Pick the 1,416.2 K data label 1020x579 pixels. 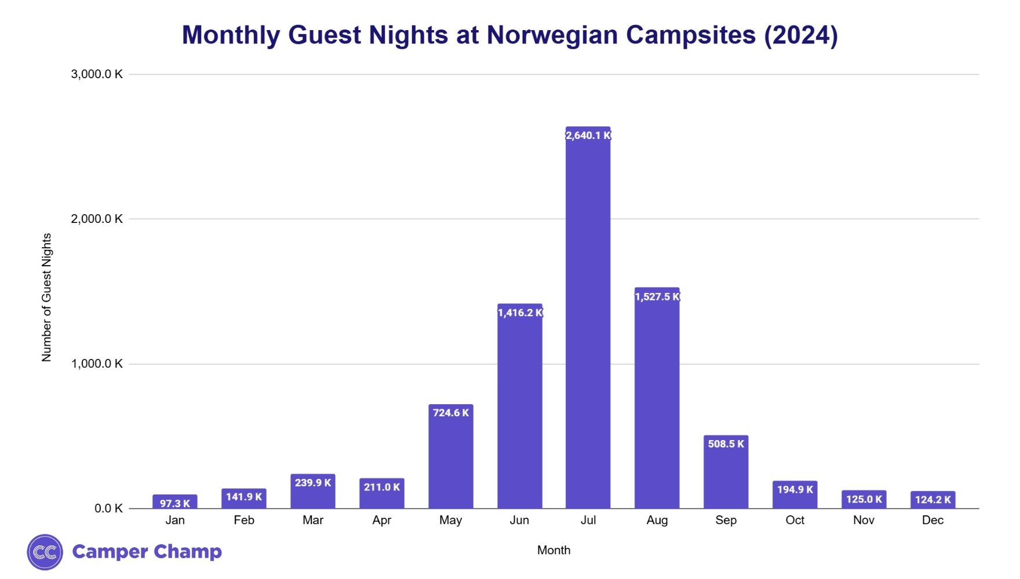520,313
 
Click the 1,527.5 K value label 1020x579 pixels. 657,296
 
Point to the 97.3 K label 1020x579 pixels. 174,503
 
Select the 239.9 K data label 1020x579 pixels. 312,482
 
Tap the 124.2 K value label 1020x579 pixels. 932,499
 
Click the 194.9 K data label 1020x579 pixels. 795,489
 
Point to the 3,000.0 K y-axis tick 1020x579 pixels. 97,74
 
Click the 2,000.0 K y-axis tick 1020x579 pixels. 97,219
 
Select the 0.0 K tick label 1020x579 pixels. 108,508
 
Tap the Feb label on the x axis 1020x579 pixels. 244,520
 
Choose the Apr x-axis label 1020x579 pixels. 381,520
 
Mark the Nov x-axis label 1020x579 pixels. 864,520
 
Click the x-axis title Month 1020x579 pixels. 553,550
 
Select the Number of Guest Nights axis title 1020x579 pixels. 46,298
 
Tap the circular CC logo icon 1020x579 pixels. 45,552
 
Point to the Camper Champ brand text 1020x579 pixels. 147,551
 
